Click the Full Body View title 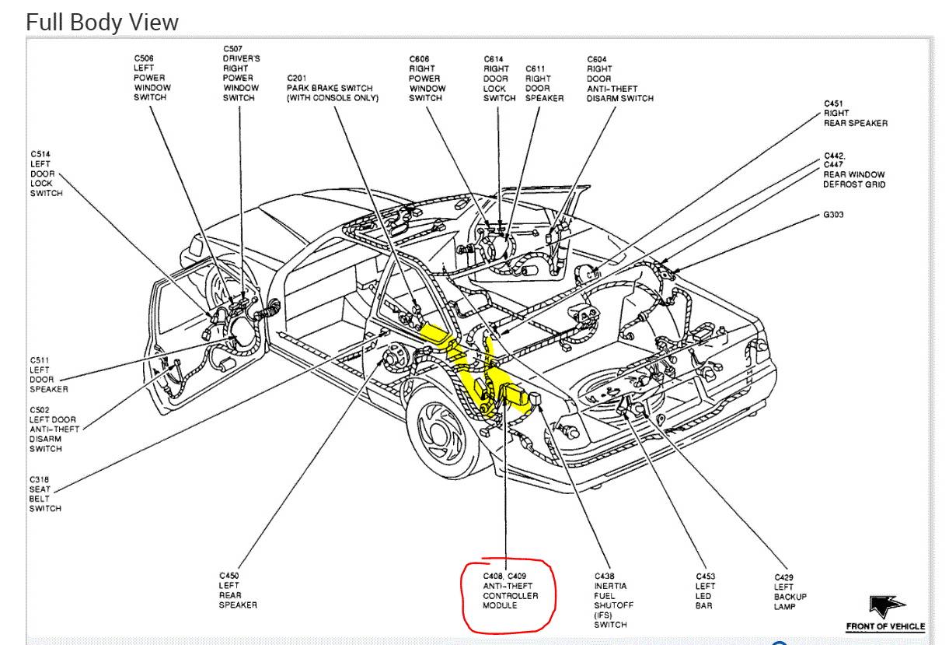point(102,22)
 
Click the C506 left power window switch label point(152,78)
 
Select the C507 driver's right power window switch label point(241,73)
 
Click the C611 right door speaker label point(543,83)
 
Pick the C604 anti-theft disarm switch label point(619,79)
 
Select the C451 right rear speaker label point(855,114)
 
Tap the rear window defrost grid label point(853,170)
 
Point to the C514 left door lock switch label point(46,174)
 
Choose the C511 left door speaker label point(48,374)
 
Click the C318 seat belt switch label point(45,494)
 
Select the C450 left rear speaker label point(238,591)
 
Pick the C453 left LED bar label point(706,591)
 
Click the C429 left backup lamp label point(790,592)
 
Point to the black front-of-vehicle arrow point(885,606)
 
